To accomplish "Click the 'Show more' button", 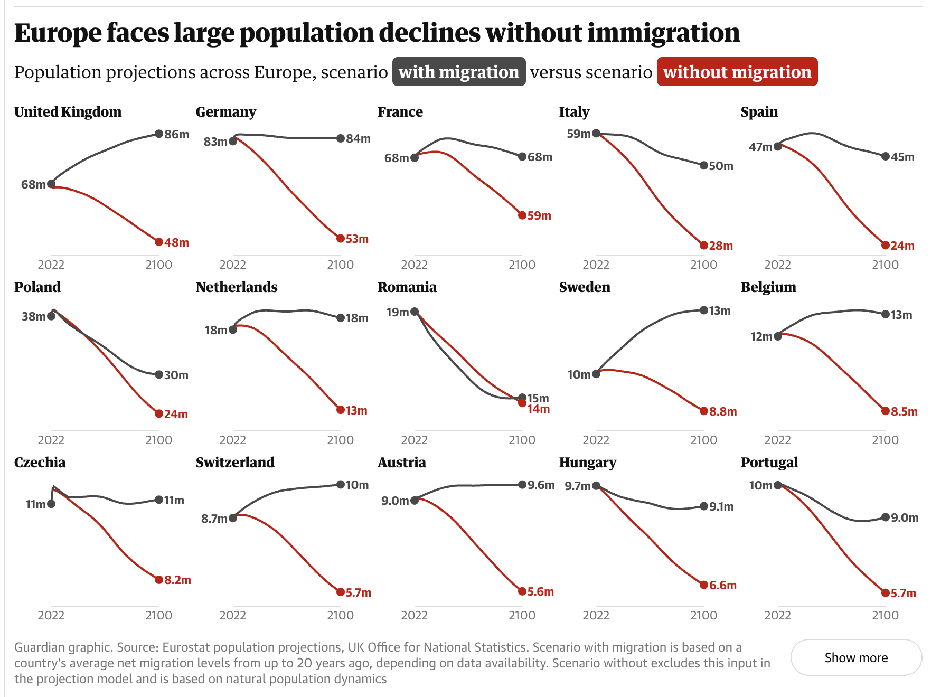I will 855,657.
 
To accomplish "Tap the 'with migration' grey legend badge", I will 458,72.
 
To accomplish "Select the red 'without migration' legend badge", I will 737,72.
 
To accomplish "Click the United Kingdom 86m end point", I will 159,134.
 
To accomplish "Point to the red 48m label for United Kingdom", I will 176,243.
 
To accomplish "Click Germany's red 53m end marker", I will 341,239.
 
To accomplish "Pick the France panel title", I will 400,112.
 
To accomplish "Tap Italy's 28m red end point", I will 704,246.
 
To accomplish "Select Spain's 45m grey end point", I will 886,156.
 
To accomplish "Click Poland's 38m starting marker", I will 51,316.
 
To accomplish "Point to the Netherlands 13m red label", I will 356,411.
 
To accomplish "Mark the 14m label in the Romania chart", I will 539,409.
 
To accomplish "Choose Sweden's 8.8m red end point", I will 704,411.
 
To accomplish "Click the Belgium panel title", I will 768,287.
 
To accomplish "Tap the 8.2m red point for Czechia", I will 159,580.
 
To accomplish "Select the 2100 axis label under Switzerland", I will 341,615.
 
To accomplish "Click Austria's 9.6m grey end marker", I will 522,485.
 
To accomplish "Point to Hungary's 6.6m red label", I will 723,585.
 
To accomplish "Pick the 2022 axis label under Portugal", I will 778,615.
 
